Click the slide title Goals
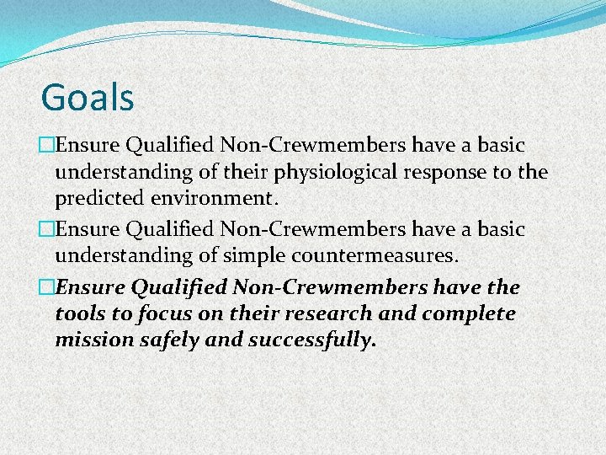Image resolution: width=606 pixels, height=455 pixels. tap(88, 97)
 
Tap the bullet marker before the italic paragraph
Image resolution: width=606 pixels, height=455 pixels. tap(47, 287)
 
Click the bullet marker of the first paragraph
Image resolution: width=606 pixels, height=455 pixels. tap(47, 146)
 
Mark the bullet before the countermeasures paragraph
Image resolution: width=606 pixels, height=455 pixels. tap(47, 229)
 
